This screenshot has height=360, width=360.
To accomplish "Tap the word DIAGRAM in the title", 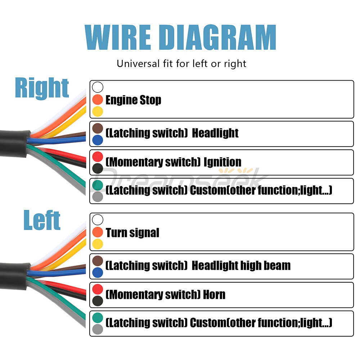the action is point(218,37).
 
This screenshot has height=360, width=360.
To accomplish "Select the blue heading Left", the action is point(42,220).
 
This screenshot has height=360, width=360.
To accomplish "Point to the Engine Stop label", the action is point(134,100).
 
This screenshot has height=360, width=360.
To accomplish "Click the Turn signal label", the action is point(132,233).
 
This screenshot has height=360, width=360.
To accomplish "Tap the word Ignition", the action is point(222,162).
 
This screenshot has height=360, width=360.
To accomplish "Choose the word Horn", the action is point(214,294).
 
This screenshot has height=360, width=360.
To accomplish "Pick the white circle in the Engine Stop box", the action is point(98,87).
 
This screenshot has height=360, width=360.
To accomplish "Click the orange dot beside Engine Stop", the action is point(98,100).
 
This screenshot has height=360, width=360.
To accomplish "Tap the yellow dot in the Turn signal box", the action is point(98,244).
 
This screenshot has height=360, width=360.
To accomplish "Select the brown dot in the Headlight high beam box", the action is point(98,261).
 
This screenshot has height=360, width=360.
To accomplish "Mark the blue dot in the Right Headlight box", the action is point(98,140).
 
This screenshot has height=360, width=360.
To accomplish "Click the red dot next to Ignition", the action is point(98,157).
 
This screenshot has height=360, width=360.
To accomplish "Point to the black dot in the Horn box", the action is point(98,301).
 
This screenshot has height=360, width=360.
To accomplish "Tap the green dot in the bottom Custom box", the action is point(98,318).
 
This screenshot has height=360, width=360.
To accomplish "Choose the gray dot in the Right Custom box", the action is point(98,197).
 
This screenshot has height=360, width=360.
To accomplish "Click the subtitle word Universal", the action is point(138,64).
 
